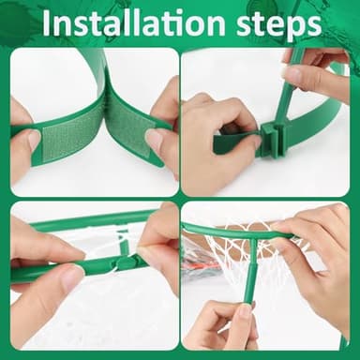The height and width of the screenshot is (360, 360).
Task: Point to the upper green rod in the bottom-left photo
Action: click(x=84, y=222)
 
